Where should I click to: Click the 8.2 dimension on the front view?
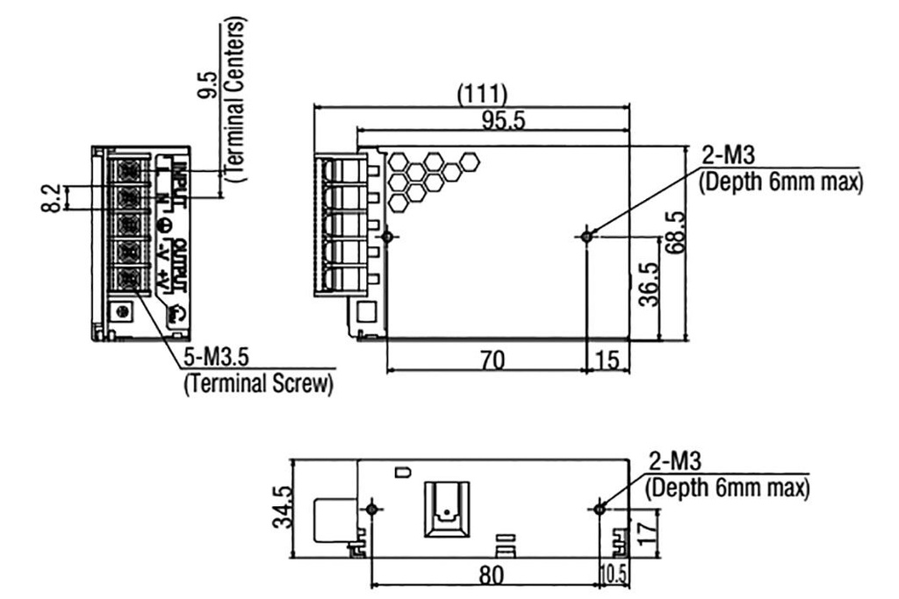[54, 198]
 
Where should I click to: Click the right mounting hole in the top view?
[587, 235]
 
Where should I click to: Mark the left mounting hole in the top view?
[387, 236]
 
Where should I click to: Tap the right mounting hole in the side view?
[601, 509]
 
